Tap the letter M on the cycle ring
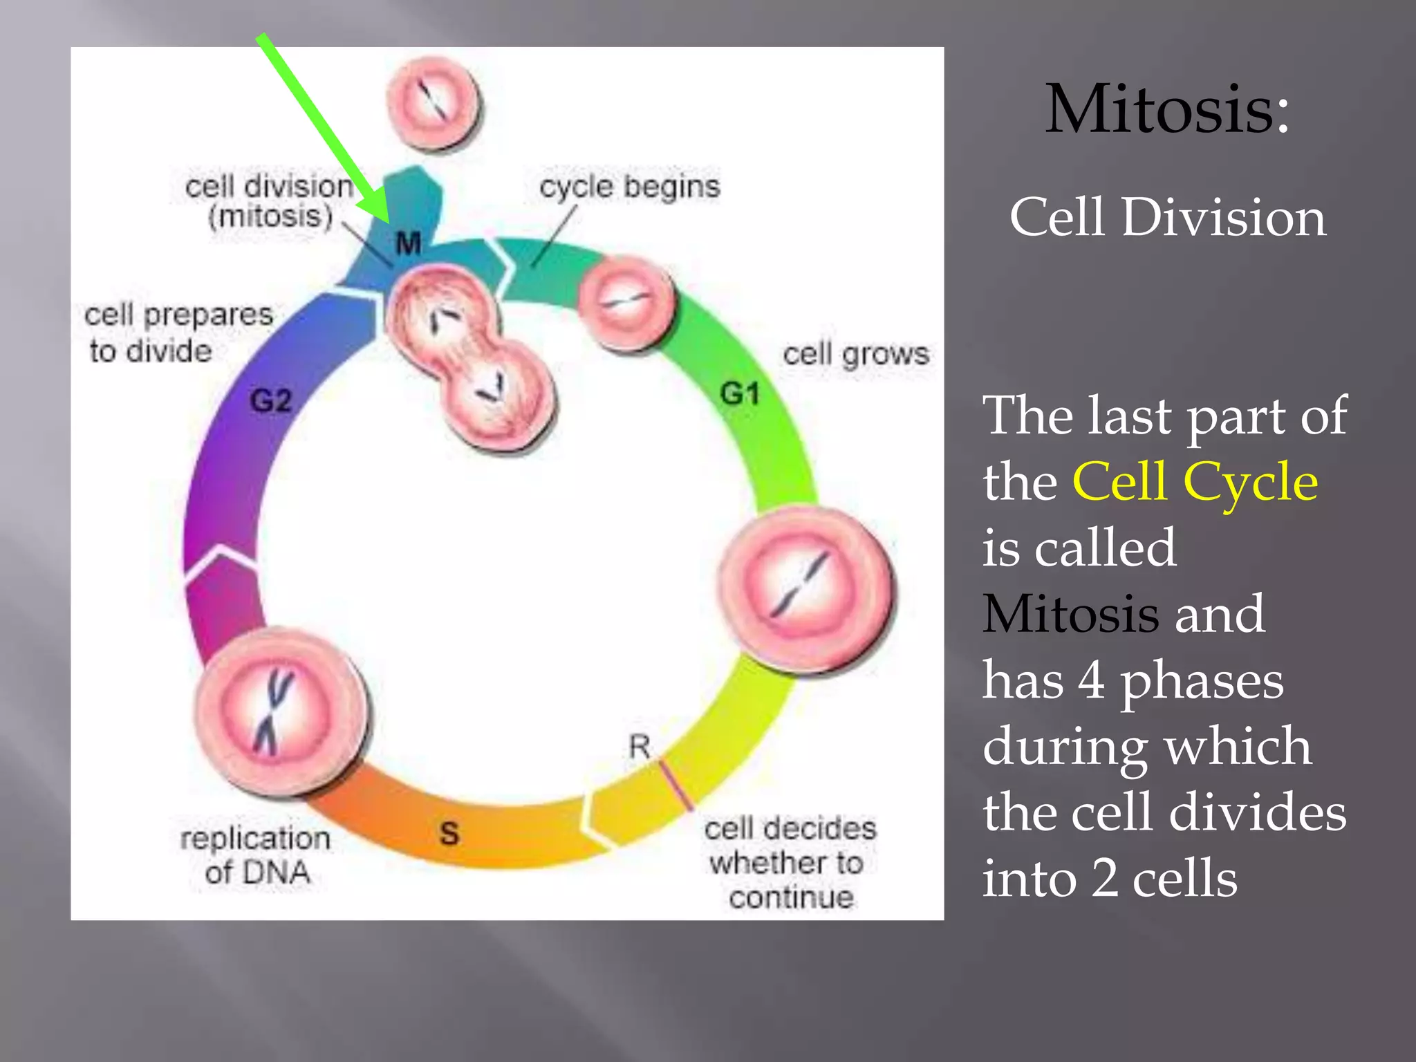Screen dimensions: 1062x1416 tap(408, 243)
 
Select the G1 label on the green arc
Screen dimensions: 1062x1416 tap(740, 394)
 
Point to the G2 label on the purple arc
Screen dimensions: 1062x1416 tap(271, 401)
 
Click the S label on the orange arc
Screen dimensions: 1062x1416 tap(449, 833)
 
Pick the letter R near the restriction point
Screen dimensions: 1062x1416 tap(640, 747)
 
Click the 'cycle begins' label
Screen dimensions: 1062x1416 tap(630, 187)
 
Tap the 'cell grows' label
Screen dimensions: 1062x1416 tap(856, 354)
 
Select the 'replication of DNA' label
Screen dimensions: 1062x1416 tap(256, 855)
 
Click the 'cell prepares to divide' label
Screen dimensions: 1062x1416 tap(178, 333)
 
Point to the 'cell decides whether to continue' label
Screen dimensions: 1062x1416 tap(790, 862)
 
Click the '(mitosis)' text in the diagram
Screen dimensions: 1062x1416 tap(270, 216)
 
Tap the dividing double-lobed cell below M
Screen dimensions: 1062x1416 tap(470, 360)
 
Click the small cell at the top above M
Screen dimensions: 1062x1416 tap(434, 104)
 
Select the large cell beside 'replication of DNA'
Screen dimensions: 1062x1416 tap(280, 712)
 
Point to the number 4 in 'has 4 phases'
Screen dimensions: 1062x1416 tap(1091, 680)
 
